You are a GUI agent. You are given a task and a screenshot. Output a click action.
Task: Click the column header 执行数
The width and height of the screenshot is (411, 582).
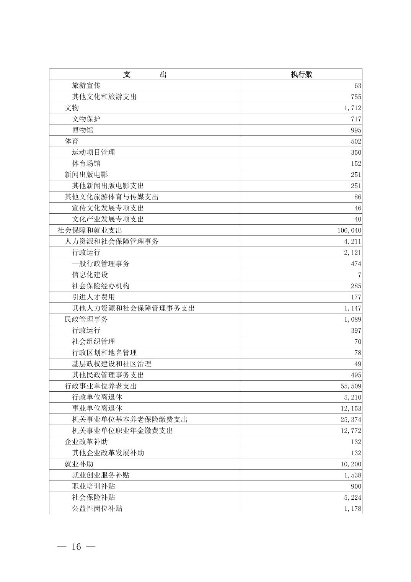tap(301, 75)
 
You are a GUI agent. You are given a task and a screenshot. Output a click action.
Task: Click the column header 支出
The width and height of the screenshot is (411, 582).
tap(145, 75)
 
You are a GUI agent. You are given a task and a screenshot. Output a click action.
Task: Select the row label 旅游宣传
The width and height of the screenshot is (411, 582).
tap(86, 85)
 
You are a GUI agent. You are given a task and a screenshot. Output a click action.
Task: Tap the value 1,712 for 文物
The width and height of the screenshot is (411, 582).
tap(352, 108)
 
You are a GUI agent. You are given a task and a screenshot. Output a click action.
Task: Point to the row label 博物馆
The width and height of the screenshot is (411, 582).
tap(82, 130)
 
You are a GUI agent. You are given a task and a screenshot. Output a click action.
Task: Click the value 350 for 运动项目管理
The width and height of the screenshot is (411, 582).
tap(356, 152)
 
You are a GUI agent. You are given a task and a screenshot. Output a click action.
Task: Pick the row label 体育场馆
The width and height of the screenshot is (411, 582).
tap(86, 163)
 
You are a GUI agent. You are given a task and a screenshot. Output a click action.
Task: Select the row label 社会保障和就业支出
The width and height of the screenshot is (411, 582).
tap(90, 231)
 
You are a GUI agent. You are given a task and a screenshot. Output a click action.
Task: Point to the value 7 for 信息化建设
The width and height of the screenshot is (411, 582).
tap(359, 275)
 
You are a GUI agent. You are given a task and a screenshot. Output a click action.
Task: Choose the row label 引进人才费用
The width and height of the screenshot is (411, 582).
tap(93, 297)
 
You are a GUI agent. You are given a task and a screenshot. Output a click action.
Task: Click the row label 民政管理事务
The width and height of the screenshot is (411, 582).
tap(86, 319)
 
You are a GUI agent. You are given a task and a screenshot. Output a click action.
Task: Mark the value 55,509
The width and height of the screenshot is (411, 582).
tap(351, 386)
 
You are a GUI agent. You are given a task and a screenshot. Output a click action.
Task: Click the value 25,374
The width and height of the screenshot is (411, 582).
tap(351, 420)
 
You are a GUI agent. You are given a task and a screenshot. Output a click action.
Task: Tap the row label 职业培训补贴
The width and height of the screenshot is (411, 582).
tap(93, 486)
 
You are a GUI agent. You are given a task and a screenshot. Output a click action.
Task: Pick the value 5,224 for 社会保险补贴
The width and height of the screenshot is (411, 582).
tap(352, 497)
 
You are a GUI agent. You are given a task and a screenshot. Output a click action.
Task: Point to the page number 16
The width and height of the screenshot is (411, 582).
tap(76, 547)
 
